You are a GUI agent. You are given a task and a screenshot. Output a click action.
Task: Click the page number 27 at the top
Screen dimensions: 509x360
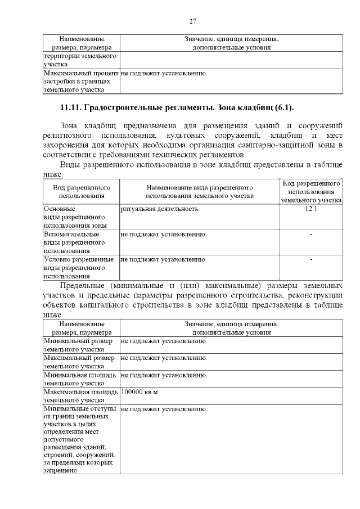point(192,21)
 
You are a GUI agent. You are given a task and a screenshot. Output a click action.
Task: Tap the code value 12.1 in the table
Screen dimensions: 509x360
point(310,209)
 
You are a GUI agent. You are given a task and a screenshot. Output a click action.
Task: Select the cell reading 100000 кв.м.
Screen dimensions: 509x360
point(140,392)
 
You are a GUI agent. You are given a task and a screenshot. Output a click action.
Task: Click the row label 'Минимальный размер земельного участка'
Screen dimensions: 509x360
point(78,345)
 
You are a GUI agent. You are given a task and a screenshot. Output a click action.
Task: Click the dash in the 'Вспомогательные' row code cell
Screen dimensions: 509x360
point(311,234)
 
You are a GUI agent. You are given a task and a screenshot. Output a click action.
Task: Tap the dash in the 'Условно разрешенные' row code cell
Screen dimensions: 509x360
point(311,260)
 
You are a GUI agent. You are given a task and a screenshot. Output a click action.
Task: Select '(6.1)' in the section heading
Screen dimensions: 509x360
point(283,107)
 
